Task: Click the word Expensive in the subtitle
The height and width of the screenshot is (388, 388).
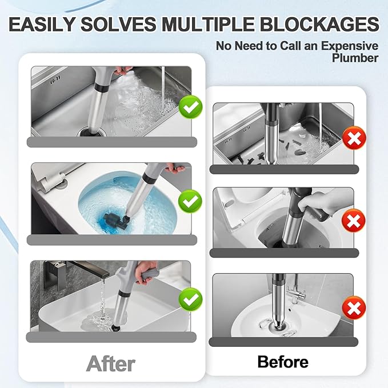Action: coord(346,45)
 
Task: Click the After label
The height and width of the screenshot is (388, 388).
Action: coord(110,363)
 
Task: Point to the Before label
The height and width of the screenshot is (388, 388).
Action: coord(283,362)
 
